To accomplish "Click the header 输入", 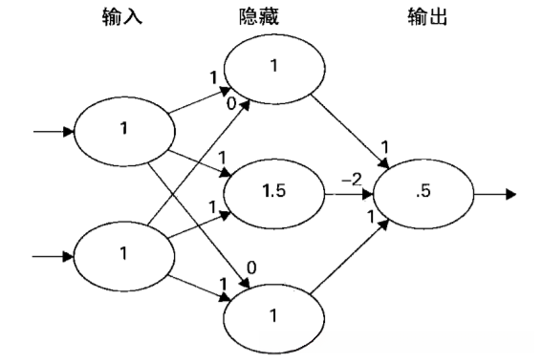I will tap(121, 18).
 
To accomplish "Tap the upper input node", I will tap(121, 132).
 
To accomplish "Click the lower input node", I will tap(121, 256).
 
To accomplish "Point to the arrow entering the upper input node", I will tap(53, 132).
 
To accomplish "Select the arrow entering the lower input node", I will tap(53, 256).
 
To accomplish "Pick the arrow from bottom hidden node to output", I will tap(349, 263).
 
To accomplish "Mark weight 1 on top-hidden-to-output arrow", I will tap(384, 147).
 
